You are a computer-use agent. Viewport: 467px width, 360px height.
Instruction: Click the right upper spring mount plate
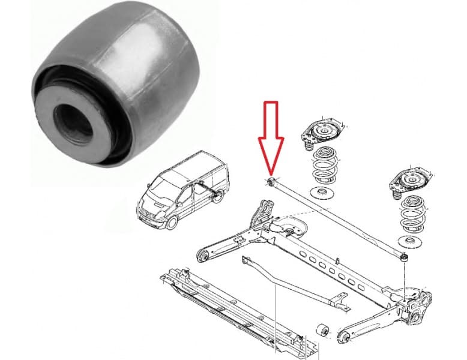click(x=411, y=179)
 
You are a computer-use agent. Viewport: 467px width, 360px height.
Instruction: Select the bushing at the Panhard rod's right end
click(x=405, y=257)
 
